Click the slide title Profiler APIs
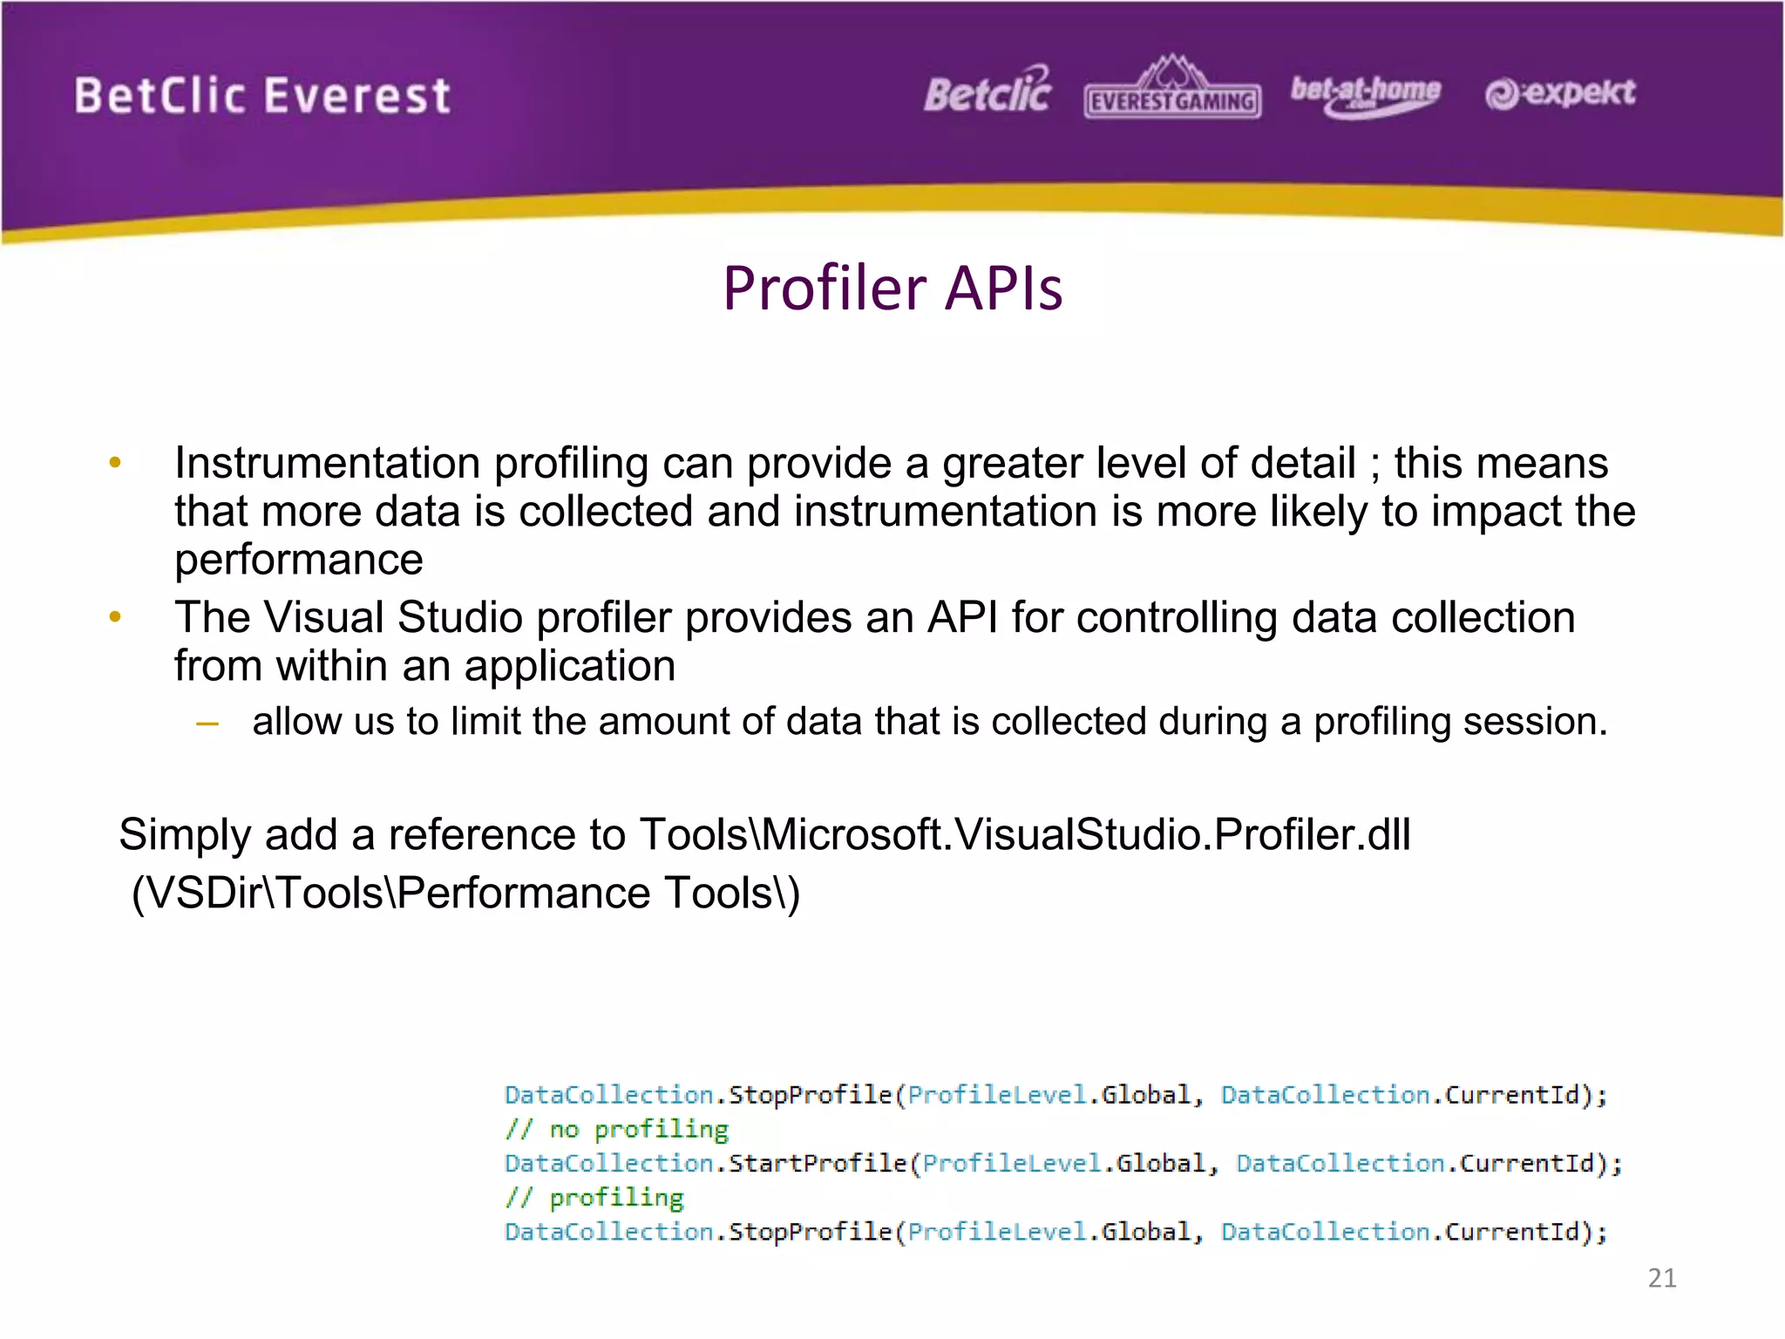(x=892, y=288)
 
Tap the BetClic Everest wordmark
(x=262, y=96)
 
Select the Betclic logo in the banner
(x=988, y=92)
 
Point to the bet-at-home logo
(x=1365, y=94)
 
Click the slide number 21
(x=1662, y=1278)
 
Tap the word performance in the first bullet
(x=299, y=560)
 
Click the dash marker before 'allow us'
(x=207, y=723)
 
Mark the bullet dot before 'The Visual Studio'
(x=115, y=618)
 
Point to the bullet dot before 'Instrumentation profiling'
(x=115, y=463)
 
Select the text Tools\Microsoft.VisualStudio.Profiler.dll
(x=1025, y=834)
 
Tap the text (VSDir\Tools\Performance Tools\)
(x=465, y=893)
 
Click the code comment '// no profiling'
(x=616, y=1130)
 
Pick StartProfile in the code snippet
(x=818, y=1164)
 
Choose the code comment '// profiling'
(x=594, y=1198)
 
